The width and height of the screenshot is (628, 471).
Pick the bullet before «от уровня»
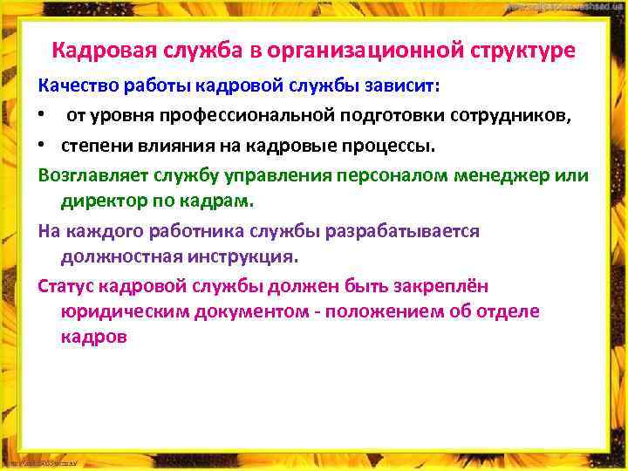(x=43, y=117)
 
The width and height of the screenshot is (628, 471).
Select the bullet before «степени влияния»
(x=43, y=145)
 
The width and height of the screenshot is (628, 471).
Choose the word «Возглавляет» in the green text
(x=92, y=174)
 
